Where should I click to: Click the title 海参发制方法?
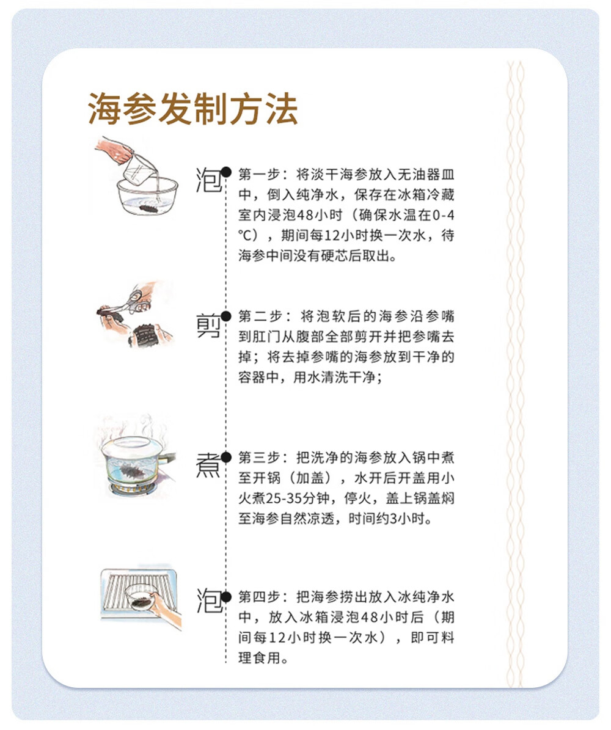click(x=192, y=110)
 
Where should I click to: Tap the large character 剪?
click(x=208, y=326)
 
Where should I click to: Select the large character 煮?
click(x=208, y=466)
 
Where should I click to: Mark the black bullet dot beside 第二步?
click(x=226, y=316)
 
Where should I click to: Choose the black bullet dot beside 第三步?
click(x=226, y=457)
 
